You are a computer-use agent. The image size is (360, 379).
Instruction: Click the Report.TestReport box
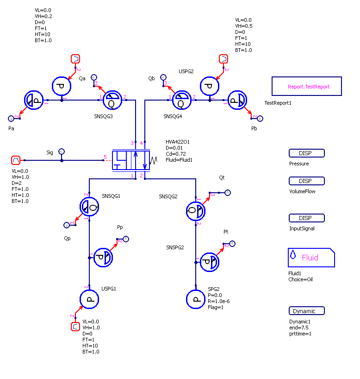pyautogui.click(x=306, y=86)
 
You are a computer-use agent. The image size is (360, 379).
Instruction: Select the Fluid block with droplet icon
pyautogui.click(x=311, y=258)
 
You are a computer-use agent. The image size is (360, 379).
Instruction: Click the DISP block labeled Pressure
pyautogui.click(x=306, y=153)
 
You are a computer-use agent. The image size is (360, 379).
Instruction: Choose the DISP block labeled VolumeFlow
pyautogui.click(x=306, y=181)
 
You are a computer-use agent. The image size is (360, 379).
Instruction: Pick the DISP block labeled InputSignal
pyautogui.click(x=306, y=218)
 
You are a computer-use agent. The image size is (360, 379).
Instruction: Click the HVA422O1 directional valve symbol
pyautogui.click(x=131, y=160)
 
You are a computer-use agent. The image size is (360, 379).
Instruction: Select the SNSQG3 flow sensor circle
pyautogui.click(x=112, y=100)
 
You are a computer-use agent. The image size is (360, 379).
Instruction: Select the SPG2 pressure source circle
pyautogui.click(x=196, y=299)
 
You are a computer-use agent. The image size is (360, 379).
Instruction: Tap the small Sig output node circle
pyautogui.click(x=62, y=152)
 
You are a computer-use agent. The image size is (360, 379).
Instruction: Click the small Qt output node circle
pyautogui.click(x=228, y=193)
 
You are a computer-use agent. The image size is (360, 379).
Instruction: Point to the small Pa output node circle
pyautogui.click(x=11, y=118)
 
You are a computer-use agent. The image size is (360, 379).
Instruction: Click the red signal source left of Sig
pyautogui.click(x=16, y=160)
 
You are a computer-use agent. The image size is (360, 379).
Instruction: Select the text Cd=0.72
pyautogui.click(x=176, y=154)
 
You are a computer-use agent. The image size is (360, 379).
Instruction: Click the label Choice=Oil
pyautogui.click(x=300, y=279)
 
